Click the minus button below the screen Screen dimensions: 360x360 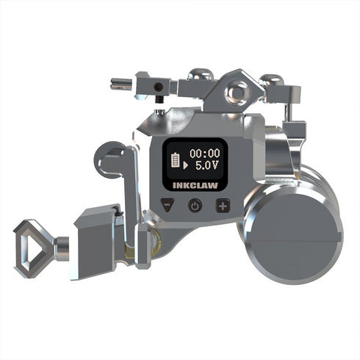pos(168,204)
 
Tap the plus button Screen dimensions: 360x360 pos(223,206)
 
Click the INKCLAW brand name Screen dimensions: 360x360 pos(195,185)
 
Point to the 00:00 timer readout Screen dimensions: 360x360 pos(205,154)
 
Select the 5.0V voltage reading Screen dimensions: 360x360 pos(207,166)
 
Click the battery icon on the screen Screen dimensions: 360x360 pos(176,160)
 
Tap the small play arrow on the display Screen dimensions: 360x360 pos(185,165)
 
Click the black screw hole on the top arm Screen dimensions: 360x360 pos(158,86)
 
